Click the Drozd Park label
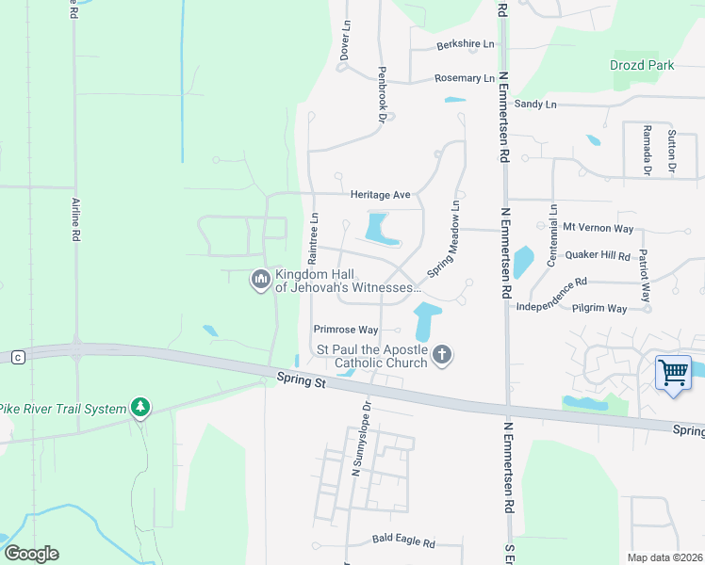pyautogui.click(x=641, y=66)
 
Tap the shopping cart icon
pyautogui.click(x=673, y=372)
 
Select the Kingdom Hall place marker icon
pyautogui.click(x=260, y=281)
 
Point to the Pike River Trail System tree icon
pyautogui.click(x=140, y=408)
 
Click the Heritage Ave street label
pyautogui.click(x=380, y=195)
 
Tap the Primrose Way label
pyautogui.click(x=346, y=330)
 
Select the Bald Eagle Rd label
pyautogui.click(x=402, y=543)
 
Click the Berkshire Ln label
pyautogui.click(x=465, y=44)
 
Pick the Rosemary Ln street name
pyautogui.click(x=464, y=78)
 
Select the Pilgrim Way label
pyautogui.click(x=604, y=308)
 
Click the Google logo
pyautogui.click(x=31, y=554)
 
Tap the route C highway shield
pyautogui.click(x=17, y=357)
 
